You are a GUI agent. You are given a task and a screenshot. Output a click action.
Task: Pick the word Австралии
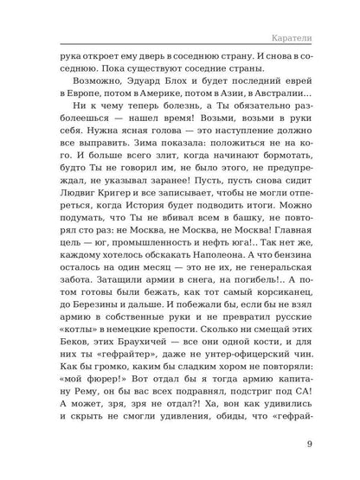coord(285,117)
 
